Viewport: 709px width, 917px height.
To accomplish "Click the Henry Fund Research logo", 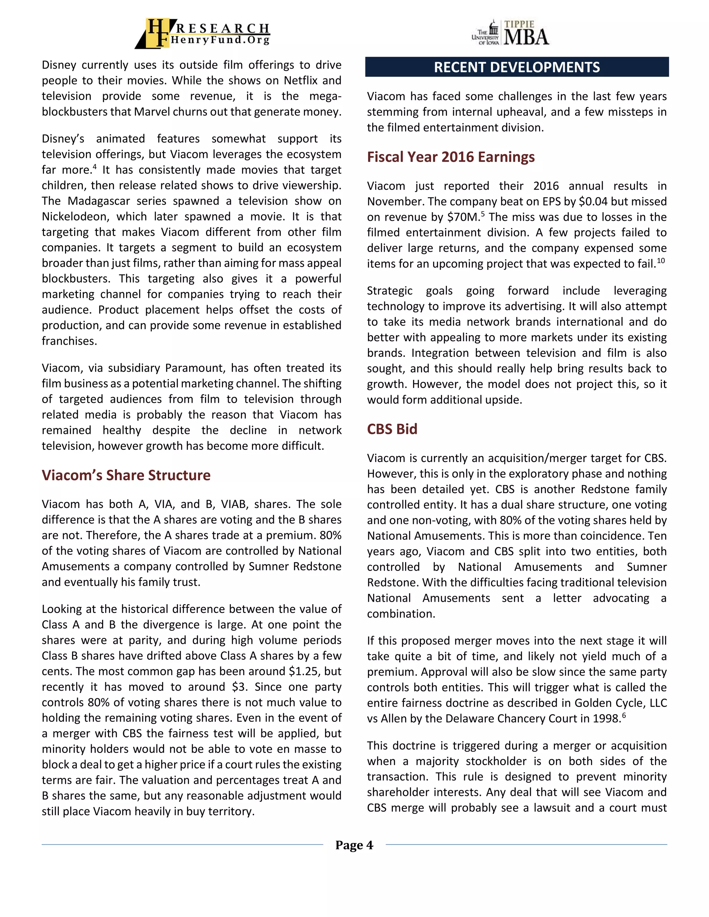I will (x=203, y=33).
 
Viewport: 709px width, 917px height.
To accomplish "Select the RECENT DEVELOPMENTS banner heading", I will (x=517, y=67).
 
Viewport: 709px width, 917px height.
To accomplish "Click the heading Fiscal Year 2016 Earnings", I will (x=451, y=157).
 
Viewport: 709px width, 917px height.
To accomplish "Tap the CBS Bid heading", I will (x=392, y=429).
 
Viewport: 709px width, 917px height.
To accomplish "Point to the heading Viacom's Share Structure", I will (x=126, y=475).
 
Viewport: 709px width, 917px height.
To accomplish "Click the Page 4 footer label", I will (x=354, y=845).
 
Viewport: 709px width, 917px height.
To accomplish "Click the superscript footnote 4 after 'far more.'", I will (x=95, y=167).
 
